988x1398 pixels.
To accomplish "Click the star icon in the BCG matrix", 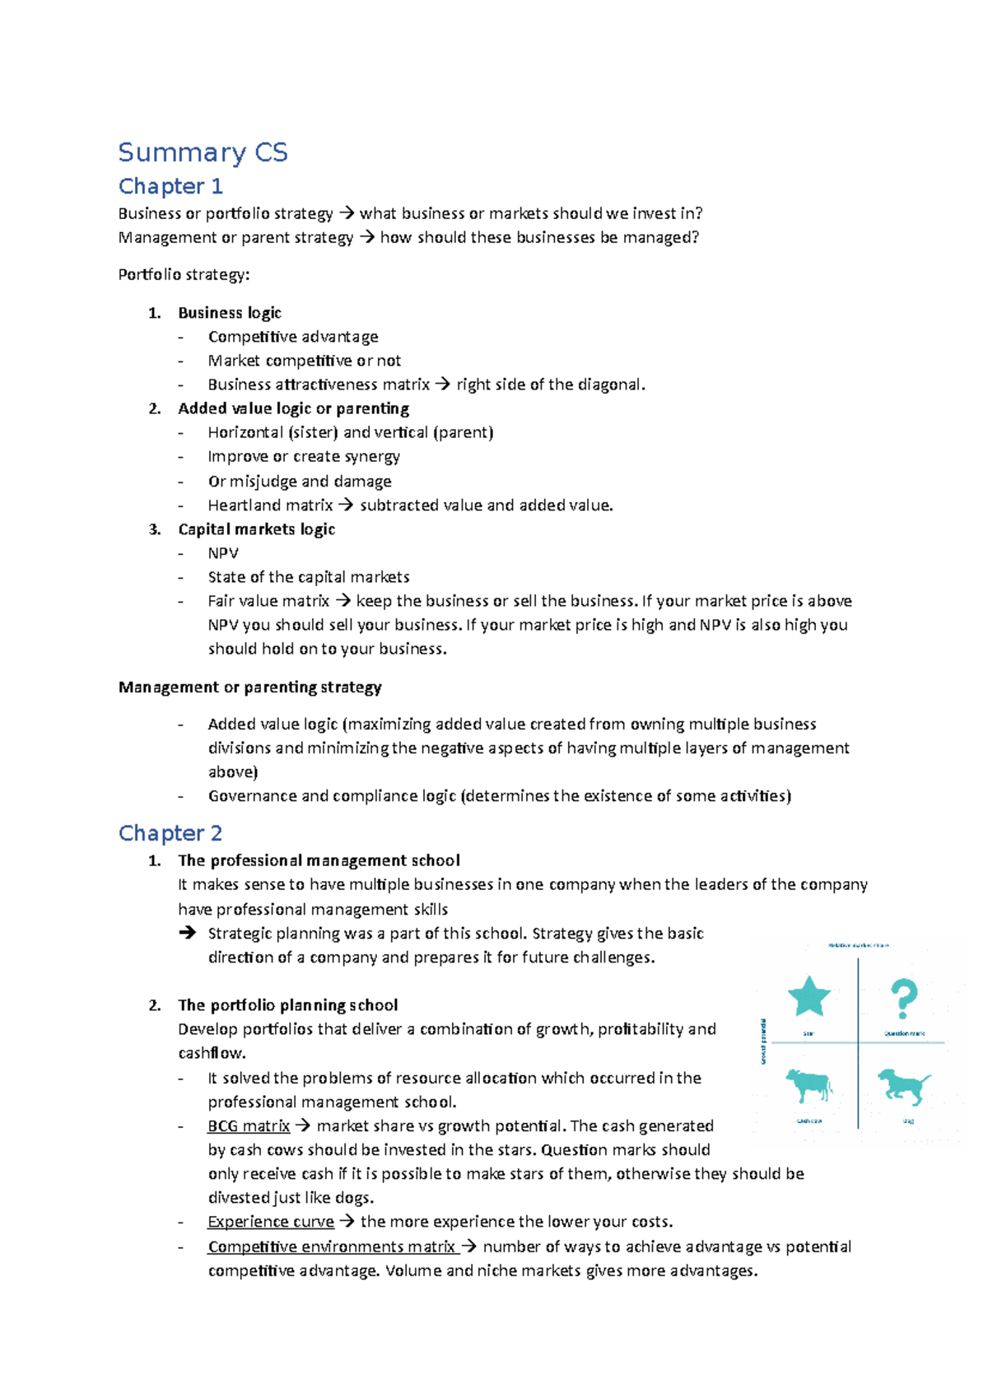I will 809,996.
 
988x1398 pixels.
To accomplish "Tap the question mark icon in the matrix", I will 904,999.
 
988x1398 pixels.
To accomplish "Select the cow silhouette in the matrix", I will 809,1085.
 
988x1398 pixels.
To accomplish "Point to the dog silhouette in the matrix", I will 903,1085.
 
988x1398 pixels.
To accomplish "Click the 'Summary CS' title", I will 203,152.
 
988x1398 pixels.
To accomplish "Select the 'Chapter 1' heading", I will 170,187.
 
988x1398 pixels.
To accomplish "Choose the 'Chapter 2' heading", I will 170,833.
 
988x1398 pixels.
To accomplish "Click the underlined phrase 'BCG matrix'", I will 249,1125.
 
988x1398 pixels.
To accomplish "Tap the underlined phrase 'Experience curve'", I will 271,1222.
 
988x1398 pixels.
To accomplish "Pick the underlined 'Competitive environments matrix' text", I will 332,1247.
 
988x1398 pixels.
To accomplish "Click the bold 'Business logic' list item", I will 230,313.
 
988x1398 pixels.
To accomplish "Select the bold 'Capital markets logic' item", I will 256,529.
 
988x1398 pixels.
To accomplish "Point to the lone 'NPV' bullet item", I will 223,553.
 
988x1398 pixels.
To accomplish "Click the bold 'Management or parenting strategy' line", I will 249,687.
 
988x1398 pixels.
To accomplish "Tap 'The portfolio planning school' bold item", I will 287,1005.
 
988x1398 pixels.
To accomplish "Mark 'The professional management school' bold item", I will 319,860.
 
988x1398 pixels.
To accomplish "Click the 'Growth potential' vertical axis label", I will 764,1042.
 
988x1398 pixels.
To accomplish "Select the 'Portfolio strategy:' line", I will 184,274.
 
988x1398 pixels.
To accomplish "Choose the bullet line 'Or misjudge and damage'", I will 299,481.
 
